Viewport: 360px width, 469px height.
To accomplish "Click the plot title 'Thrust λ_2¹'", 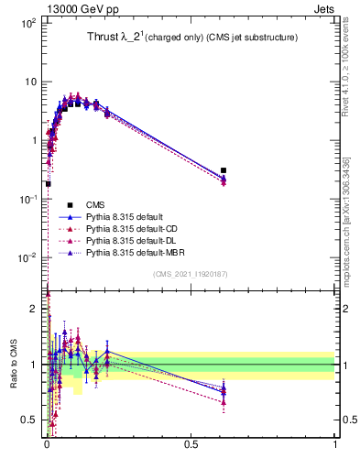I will click(106, 38).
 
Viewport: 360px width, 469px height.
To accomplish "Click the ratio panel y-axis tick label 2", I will click(34, 310).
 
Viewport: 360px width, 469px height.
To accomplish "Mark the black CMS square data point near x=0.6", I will click(224, 170).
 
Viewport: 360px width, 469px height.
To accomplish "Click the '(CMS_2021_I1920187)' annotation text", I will click(191, 274).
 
